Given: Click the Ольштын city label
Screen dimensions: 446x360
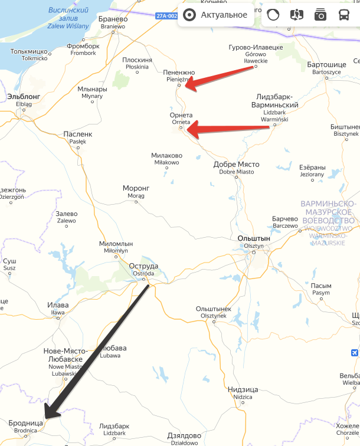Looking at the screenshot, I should (x=253, y=238).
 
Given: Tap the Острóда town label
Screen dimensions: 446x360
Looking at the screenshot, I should (x=143, y=266).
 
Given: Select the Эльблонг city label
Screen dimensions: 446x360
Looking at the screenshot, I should (x=24, y=96).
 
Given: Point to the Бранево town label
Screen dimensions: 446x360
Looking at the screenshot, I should (x=113, y=19).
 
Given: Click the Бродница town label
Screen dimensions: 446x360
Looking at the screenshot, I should (x=26, y=423).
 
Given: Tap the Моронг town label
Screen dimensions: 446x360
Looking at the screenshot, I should (x=136, y=188).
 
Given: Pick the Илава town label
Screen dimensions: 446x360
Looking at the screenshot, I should (x=58, y=305).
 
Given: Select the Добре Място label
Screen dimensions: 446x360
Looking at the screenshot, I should (x=236, y=165).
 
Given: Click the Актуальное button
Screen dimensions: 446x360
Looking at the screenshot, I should (x=215, y=15).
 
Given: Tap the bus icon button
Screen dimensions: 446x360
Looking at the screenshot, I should (x=343, y=15).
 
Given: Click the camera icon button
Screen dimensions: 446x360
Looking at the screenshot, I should (x=320, y=15).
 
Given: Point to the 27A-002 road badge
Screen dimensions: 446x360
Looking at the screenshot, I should (x=167, y=16).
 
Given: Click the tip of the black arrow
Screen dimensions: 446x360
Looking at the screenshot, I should (x=46, y=418).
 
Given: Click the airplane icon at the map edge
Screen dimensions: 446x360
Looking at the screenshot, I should (x=354, y=353).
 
